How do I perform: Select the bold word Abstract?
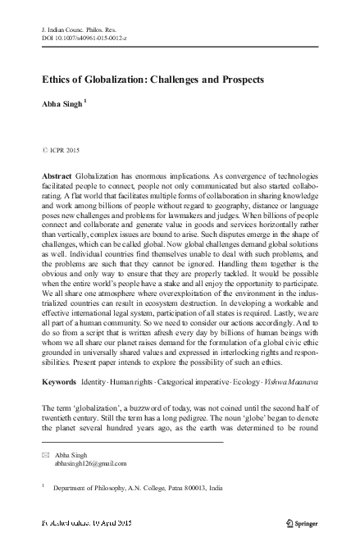[x=56, y=177]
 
